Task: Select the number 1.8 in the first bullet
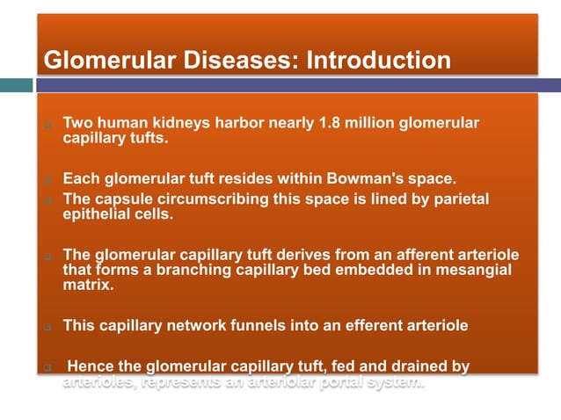tap(329, 122)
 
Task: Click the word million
tap(370, 122)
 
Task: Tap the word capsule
tap(125, 199)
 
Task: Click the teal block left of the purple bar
tap(16, 85)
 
